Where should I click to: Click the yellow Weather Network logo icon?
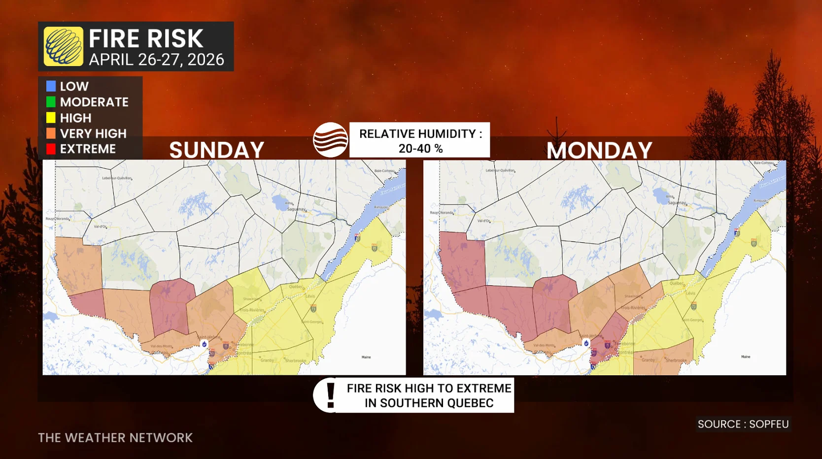click(x=63, y=46)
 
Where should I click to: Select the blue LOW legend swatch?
click(x=51, y=86)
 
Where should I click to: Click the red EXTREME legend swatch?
click(x=51, y=149)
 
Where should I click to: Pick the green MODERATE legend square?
click(x=51, y=102)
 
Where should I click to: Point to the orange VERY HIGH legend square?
click(x=51, y=133)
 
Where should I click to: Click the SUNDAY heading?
click(x=217, y=150)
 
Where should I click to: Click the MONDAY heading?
click(x=599, y=150)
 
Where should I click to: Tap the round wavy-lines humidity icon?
click(x=330, y=140)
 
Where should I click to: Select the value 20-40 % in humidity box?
click(x=420, y=148)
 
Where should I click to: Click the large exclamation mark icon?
click(x=331, y=395)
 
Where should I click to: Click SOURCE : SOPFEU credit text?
click(x=743, y=424)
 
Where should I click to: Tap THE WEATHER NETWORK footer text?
click(x=115, y=438)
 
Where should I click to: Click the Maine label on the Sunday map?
click(x=366, y=357)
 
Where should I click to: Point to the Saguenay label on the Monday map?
click(x=677, y=202)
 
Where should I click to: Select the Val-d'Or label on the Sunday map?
click(x=101, y=227)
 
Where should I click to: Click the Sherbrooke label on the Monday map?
click(x=676, y=361)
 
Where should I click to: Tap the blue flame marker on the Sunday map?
click(x=205, y=344)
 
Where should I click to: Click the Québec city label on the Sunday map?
click(x=296, y=287)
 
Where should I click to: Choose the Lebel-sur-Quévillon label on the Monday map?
click(x=500, y=170)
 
